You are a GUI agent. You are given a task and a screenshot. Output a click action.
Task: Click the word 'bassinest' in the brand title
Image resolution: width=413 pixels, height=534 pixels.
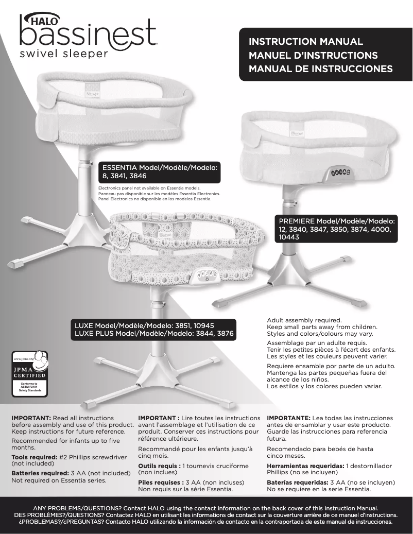[x=88, y=34]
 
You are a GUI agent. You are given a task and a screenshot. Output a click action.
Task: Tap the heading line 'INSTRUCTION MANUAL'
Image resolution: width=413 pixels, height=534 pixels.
[x=306, y=42]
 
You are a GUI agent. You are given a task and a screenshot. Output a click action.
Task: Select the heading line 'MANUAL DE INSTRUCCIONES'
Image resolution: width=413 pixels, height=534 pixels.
[x=320, y=68]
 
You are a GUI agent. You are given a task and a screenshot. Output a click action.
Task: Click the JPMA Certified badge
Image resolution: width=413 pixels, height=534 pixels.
[x=29, y=373]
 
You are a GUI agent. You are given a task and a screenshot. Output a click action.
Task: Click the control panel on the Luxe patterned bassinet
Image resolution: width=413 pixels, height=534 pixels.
[x=203, y=277]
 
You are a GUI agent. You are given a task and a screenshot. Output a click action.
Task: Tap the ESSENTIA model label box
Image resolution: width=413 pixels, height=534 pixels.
[x=161, y=171]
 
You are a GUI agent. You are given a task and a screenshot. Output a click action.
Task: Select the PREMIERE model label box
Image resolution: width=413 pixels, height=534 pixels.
[x=337, y=229]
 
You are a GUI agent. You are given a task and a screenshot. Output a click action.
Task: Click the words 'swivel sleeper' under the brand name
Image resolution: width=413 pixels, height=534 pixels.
[x=64, y=54]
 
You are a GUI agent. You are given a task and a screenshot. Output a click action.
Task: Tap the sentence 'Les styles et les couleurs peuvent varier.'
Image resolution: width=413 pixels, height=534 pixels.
[x=327, y=356]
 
